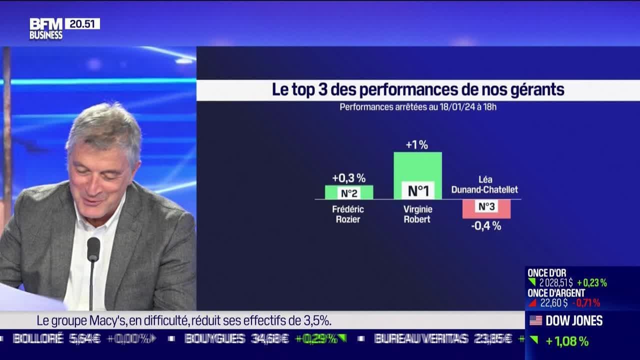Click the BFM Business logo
click(x=46, y=29)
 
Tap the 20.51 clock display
click(x=82, y=23)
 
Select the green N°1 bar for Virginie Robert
click(x=417, y=175)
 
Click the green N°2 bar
click(x=349, y=192)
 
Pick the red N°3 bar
click(x=486, y=208)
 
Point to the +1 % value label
click(x=416, y=145)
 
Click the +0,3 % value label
click(x=348, y=178)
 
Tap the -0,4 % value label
click(x=486, y=226)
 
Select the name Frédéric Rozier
click(x=348, y=214)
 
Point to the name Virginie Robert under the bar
click(x=417, y=214)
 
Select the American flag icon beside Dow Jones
click(x=535, y=320)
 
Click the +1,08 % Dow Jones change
click(x=566, y=341)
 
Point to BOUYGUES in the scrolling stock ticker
click(x=214, y=338)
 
